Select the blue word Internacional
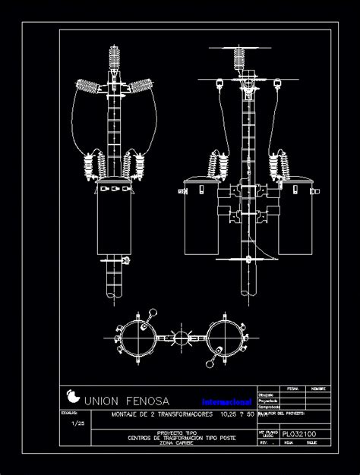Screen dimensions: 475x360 pos(226,401)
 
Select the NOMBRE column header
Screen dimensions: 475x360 pos(318,388)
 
